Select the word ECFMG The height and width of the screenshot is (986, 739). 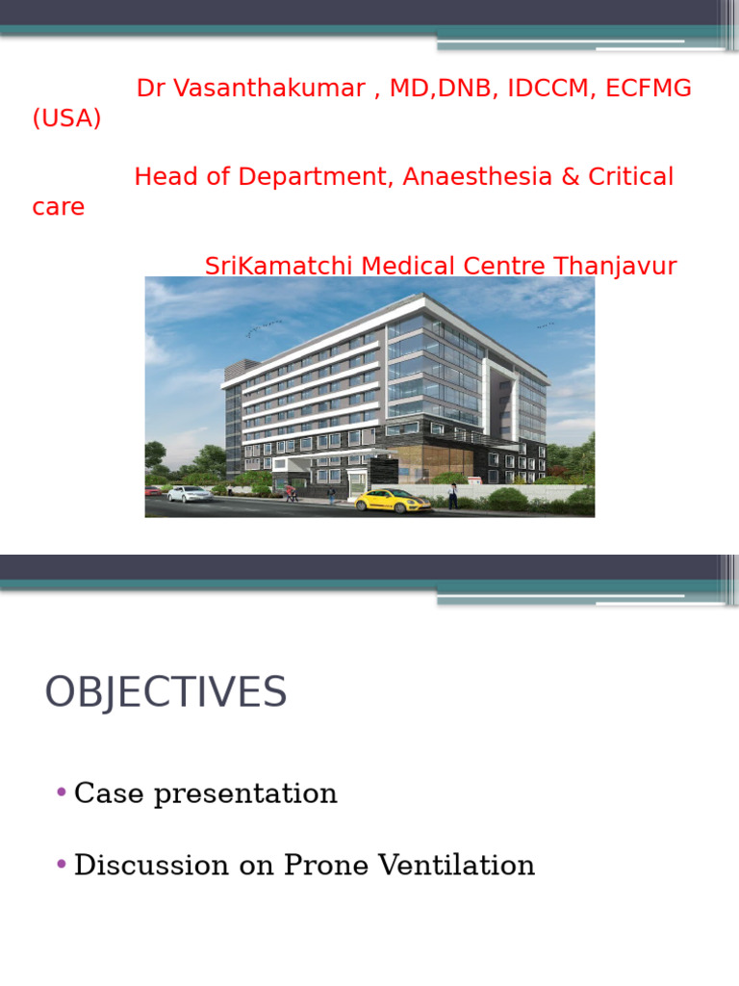(x=648, y=88)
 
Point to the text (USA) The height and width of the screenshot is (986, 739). (x=66, y=118)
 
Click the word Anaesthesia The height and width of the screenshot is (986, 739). (x=477, y=177)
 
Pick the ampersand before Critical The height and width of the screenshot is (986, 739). (x=571, y=177)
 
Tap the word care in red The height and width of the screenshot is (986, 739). (x=58, y=207)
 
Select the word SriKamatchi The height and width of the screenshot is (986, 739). (x=278, y=266)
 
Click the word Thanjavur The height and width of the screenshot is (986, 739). (x=615, y=267)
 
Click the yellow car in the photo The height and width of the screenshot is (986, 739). (x=393, y=501)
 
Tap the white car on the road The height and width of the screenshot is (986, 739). (x=190, y=494)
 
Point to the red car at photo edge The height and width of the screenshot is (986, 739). (x=153, y=491)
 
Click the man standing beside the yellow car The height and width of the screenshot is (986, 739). (x=452, y=496)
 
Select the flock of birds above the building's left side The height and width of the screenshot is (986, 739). (x=264, y=327)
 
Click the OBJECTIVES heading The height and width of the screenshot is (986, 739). (x=166, y=691)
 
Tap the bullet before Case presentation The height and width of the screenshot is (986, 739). (x=61, y=791)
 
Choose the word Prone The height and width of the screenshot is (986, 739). (x=325, y=865)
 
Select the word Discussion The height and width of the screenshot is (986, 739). (x=151, y=865)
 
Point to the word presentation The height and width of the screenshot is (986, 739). (x=245, y=794)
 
